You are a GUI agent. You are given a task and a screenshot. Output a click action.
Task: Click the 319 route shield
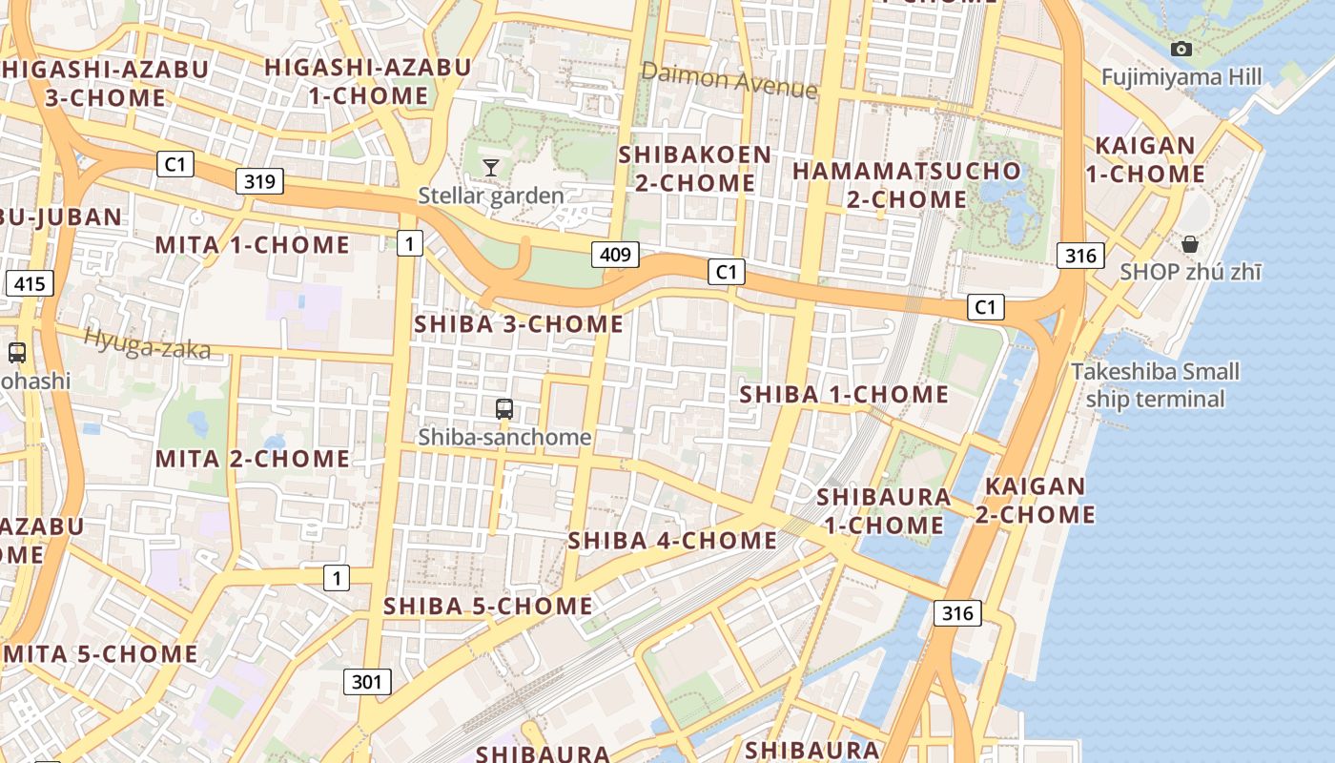click(x=259, y=181)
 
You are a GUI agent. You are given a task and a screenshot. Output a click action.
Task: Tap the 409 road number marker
click(x=615, y=254)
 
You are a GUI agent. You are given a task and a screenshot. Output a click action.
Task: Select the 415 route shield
click(x=30, y=283)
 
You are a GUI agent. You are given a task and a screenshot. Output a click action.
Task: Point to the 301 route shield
click(x=367, y=681)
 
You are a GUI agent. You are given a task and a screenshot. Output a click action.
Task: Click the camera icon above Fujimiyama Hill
click(x=1181, y=49)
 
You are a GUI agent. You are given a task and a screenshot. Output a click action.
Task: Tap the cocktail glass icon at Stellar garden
click(x=491, y=168)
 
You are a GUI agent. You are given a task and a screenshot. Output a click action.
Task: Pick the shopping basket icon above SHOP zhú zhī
click(x=1190, y=244)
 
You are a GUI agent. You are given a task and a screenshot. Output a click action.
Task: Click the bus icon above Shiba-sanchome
click(x=504, y=409)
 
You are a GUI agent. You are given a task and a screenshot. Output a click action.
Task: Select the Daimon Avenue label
click(x=729, y=80)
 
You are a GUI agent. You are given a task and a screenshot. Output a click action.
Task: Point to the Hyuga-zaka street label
click(x=147, y=343)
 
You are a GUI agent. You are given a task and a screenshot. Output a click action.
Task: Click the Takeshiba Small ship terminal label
click(x=1155, y=384)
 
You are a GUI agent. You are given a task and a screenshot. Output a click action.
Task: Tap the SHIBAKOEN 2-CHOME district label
click(x=695, y=168)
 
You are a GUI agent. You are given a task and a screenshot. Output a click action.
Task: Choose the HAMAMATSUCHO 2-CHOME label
click(x=907, y=185)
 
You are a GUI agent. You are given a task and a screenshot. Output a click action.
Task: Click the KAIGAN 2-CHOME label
click(x=1035, y=500)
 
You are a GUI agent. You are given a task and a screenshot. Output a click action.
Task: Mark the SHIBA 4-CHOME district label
click(x=672, y=541)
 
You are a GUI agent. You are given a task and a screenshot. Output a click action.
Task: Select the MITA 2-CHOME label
click(x=253, y=459)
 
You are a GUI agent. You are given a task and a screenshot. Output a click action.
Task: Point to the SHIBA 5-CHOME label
click(x=488, y=607)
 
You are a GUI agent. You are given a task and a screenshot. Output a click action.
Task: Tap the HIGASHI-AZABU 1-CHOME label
click(x=368, y=81)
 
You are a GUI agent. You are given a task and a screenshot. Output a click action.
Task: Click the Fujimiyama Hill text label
click(x=1181, y=77)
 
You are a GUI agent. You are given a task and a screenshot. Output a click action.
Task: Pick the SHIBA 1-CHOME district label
click(x=844, y=394)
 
